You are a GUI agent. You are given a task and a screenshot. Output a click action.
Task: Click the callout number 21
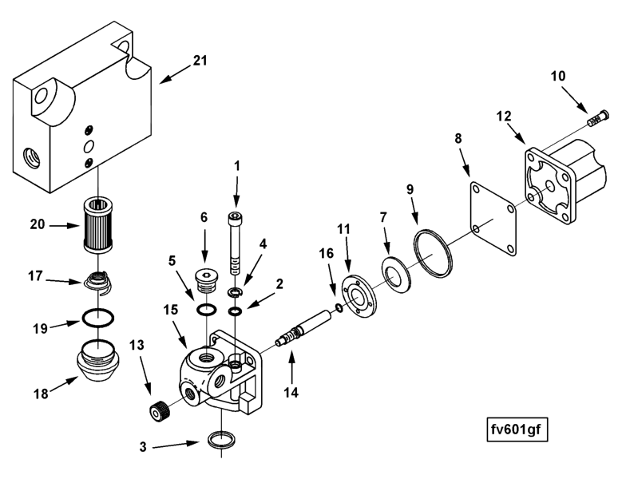[x=199, y=60]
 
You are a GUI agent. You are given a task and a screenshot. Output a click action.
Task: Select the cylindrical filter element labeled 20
[x=98, y=225]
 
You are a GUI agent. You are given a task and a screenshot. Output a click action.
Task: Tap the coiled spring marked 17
[x=99, y=283]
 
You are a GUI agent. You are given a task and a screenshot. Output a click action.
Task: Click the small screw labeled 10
[x=596, y=120]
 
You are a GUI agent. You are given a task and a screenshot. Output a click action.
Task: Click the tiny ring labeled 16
[x=339, y=309]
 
